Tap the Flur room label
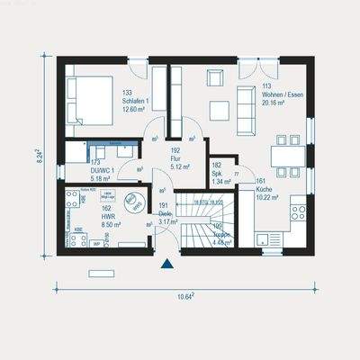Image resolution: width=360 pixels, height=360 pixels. pyautogui.click(x=176, y=158)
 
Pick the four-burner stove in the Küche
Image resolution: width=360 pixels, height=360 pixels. pyautogui.click(x=296, y=212)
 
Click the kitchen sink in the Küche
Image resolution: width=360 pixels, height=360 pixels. pyautogui.click(x=264, y=240)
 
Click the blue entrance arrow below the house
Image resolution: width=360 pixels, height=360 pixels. pyautogui.click(x=167, y=265)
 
